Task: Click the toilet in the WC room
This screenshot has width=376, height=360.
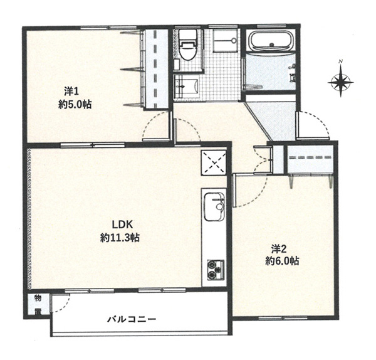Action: click(x=188, y=45)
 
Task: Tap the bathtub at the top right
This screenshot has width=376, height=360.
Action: click(x=271, y=40)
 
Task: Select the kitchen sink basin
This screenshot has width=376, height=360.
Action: click(x=214, y=207)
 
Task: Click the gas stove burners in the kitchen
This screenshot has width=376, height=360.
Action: click(x=216, y=270)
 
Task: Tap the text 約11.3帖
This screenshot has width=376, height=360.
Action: click(x=120, y=238)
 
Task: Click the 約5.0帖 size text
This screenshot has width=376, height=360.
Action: click(x=75, y=105)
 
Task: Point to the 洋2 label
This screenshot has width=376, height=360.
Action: click(x=279, y=249)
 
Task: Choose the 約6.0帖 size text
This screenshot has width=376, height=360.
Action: click(x=282, y=261)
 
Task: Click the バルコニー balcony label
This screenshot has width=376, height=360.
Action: click(x=132, y=319)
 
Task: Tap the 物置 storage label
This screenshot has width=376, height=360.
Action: click(x=38, y=305)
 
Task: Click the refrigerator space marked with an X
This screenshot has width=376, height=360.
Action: click(x=214, y=163)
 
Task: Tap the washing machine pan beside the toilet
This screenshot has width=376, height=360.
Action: click(x=225, y=40)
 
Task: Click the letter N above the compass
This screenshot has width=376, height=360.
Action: click(x=340, y=61)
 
